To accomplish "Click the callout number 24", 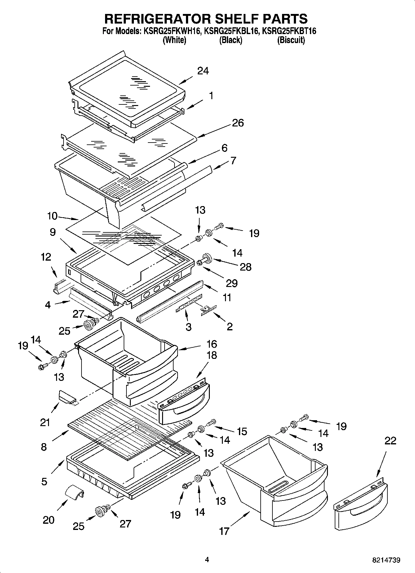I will (x=203, y=71).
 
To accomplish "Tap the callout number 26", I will (x=238, y=123).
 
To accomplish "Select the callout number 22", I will (x=390, y=441).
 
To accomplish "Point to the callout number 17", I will (x=224, y=531).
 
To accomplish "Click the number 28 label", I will (x=246, y=267).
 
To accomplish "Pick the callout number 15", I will (x=242, y=431).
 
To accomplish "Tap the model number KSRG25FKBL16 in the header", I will (x=231, y=31).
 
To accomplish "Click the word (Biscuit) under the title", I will (x=291, y=40).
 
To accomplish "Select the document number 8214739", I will (x=386, y=560).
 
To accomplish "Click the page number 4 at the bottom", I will (x=207, y=560).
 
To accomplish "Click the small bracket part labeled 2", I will (x=208, y=309).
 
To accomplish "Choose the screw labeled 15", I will (x=211, y=422).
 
